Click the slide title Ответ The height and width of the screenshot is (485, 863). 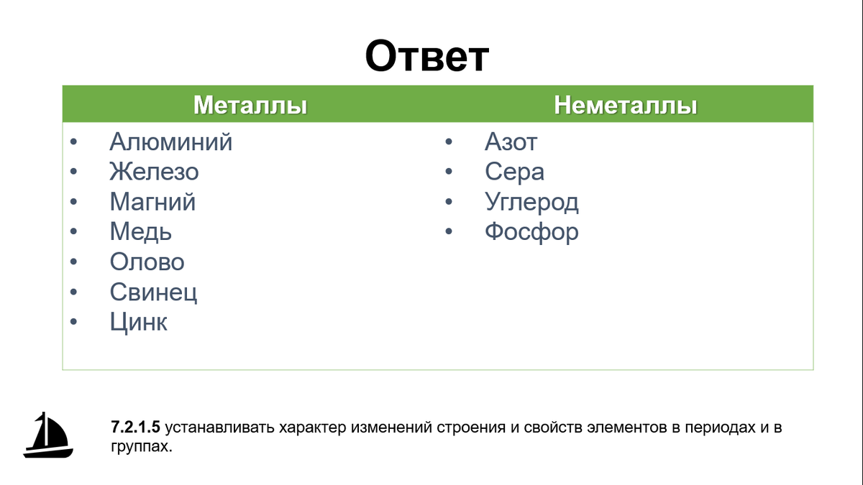click(427, 57)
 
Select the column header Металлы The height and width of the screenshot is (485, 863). click(250, 105)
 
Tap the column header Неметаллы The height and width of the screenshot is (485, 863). click(625, 105)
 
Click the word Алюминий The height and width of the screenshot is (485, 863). click(171, 142)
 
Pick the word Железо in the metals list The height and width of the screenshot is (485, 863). click(154, 172)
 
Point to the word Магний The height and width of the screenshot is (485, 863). click(152, 202)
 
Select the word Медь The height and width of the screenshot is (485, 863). click(141, 231)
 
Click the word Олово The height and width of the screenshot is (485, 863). click(147, 262)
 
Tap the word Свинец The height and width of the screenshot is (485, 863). click(153, 292)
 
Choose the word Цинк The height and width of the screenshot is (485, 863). click(139, 322)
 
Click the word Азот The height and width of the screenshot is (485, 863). click(511, 142)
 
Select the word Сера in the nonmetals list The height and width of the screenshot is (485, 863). click(514, 172)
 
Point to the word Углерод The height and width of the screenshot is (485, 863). click(531, 202)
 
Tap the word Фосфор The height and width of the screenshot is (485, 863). click(531, 231)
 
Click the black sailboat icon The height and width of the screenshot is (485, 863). click(48, 435)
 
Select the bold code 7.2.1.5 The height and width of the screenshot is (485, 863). click(135, 428)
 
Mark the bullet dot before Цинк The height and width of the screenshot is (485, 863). click(73, 322)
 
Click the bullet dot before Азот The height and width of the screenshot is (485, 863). click(449, 142)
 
